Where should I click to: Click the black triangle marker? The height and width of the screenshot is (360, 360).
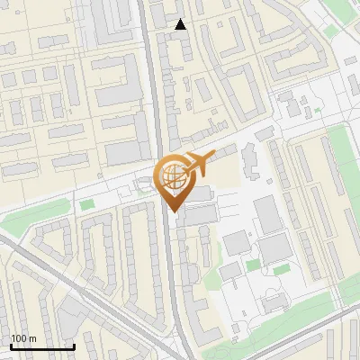[x=181, y=24]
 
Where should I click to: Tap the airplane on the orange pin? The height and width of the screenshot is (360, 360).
[x=195, y=165]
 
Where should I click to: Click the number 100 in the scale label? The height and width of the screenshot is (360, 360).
[x=18, y=338]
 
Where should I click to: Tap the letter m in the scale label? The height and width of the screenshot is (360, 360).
[x=32, y=338]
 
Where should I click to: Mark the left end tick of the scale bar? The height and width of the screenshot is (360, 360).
[x=11, y=346]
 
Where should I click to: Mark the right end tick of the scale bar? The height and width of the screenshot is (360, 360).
[x=74, y=346]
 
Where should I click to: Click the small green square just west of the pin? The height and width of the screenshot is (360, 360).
[x=86, y=205]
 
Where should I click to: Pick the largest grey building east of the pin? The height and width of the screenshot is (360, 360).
[x=268, y=215]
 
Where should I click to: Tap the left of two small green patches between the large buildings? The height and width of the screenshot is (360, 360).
[x=254, y=265]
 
